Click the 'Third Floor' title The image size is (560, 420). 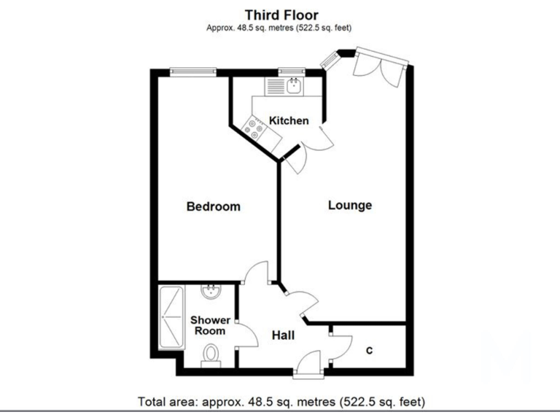[x=281, y=14]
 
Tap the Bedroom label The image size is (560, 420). [x=213, y=206]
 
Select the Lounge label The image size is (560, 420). [x=349, y=205]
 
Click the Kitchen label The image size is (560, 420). [x=289, y=120]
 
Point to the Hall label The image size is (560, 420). [x=283, y=335]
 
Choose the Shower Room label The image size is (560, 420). [x=210, y=325]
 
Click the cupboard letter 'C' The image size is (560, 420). [x=369, y=351]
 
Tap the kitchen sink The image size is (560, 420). [x=293, y=87]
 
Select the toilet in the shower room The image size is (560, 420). [x=211, y=355]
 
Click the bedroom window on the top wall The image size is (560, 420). [x=193, y=71]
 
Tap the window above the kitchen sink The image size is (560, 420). [x=292, y=71]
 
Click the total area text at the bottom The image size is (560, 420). [x=281, y=402]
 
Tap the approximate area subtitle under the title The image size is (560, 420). [x=281, y=28]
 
